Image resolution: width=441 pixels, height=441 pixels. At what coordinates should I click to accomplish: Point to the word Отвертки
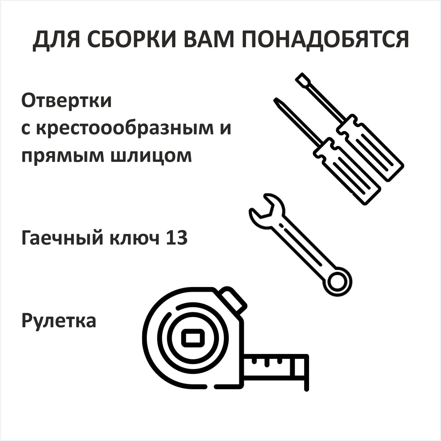tap(67, 101)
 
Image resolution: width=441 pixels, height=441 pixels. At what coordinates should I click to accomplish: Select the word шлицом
tap(151, 156)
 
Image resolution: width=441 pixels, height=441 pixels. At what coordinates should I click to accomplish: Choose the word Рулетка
tap(59, 321)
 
